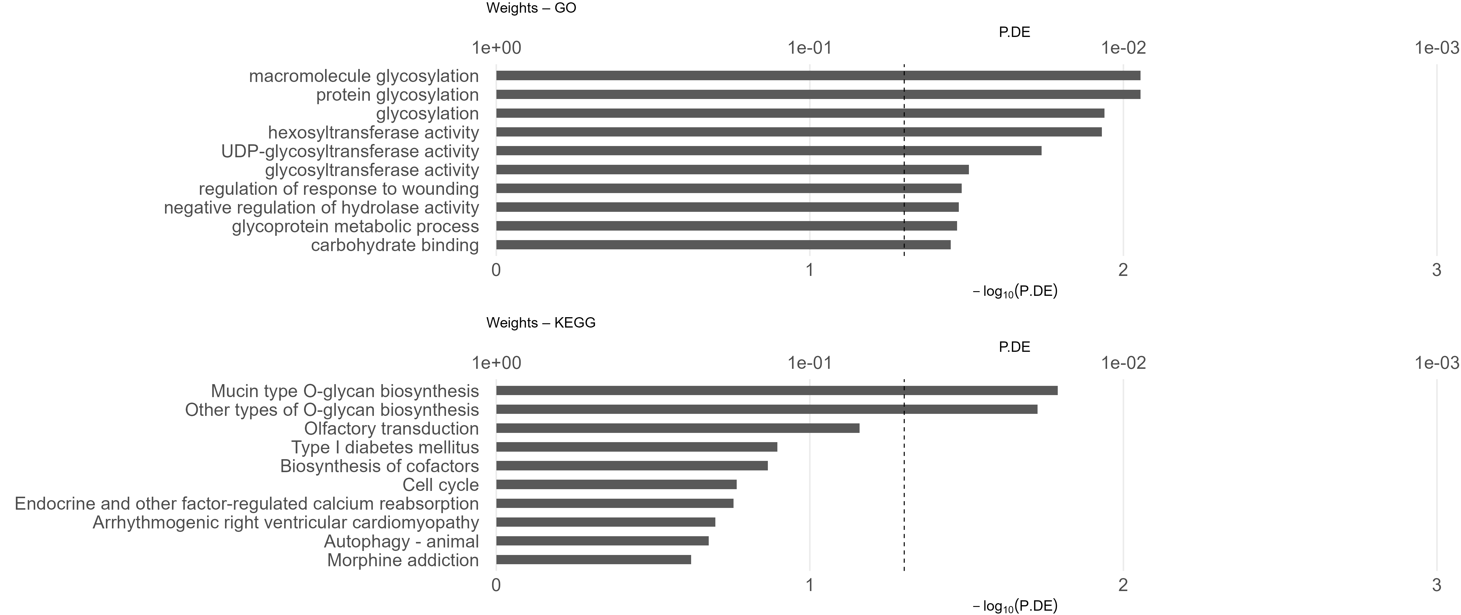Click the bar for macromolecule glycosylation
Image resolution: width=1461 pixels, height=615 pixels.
tap(818, 75)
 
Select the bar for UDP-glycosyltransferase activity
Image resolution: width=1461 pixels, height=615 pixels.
tap(768, 151)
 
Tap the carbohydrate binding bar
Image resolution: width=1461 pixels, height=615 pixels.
tap(723, 245)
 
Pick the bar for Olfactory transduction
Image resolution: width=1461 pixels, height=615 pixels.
tap(678, 428)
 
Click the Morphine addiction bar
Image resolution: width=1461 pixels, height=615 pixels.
tap(593, 560)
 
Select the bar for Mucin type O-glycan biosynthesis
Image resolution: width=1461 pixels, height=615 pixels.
tap(777, 390)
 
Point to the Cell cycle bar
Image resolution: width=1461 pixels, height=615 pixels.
tap(616, 485)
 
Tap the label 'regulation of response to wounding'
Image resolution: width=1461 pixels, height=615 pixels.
tap(339, 189)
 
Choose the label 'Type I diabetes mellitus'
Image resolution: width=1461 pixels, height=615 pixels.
tap(385, 448)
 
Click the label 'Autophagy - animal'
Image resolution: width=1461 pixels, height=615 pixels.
tap(401, 542)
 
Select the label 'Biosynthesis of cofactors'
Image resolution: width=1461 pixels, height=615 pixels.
tap(379, 466)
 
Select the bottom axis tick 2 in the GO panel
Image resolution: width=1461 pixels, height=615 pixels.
tap(1123, 270)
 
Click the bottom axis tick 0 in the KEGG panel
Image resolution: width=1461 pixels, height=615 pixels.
tap(496, 585)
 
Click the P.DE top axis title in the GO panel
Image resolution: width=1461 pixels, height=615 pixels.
tap(1014, 32)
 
